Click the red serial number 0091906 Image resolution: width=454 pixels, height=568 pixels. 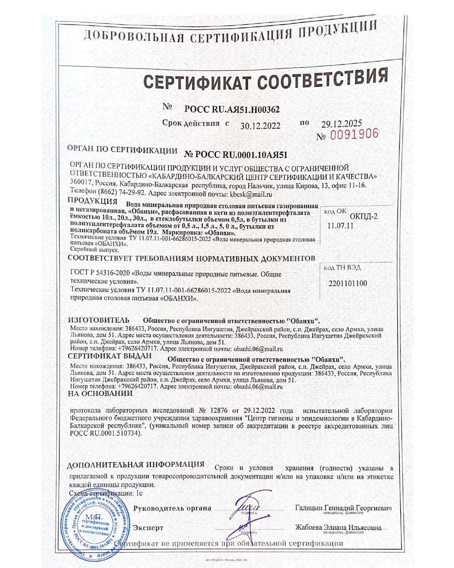click(x=354, y=134)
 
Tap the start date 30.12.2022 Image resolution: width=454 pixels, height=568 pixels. click(x=260, y=126)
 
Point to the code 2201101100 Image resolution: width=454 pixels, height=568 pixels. click(x=347, y=283)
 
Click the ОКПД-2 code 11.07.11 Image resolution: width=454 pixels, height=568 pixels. click(x=340, y=226)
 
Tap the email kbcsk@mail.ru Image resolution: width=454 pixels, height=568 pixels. click(x=250, y=194)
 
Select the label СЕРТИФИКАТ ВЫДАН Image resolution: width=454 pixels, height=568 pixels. click(x=109, y=356)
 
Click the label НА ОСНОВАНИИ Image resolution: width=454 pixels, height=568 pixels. click(x=100, y=393)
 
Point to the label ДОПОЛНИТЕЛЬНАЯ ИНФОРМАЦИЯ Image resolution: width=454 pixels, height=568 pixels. click(x=136, y=465)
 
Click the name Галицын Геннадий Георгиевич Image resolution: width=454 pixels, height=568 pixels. click(x=343, y=508)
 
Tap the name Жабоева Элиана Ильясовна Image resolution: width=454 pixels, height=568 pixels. click(x=338, y=528)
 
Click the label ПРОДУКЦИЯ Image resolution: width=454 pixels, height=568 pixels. click(x=93, y=201)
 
